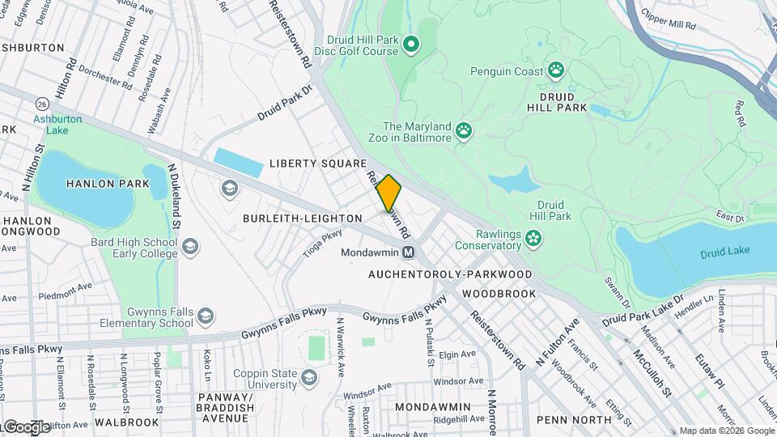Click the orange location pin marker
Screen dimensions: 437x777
pyautogui.click(x=389, y=193)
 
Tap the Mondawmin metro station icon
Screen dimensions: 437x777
pyautogui.click(x=409, y=252)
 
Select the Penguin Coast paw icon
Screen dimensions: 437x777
pyautogui.click(x=556, y=70)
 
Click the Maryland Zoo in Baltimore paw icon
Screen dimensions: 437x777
pyautogui.click(x=464, y=131)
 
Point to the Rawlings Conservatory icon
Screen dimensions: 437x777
pyautogui.click(x=533, y=238)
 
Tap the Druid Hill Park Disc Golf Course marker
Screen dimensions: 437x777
pyautogui.click(x=411, y=44)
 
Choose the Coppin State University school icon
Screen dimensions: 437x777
pyautogui.click(x=309, y=377)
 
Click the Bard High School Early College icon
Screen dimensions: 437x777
pyautogui.click(x=190, y=246)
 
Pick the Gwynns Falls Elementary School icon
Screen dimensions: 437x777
pyautogui.click(x=206, y=316)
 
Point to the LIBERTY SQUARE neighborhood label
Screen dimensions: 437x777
pyautogui.click(x=312, y=163)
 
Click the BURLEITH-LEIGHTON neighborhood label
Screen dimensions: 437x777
pyautogui.click(x=303, y=218)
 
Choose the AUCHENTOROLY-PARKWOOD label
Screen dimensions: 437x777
pyautogui.click(x=450, y=274)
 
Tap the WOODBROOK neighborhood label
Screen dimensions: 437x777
pyautogui.click(x=499, y=293)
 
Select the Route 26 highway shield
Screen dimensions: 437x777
pyautogui.click(x=40, y=104)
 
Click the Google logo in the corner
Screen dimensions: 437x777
pyautogui.click(x=27, y=426)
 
